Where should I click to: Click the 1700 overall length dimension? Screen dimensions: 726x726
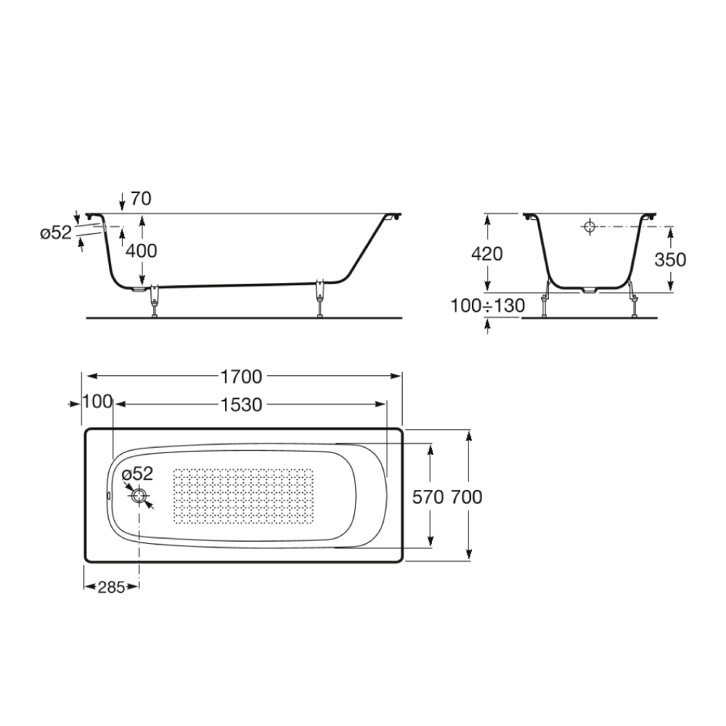coord(241,376)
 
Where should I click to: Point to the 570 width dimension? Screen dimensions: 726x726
coord(428,497)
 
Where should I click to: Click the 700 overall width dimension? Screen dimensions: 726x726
coord(467,497)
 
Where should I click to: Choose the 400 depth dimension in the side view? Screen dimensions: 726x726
coord(141,250)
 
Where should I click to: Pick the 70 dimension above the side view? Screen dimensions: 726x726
coord(141,199)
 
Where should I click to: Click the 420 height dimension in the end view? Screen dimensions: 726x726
coord(487,254)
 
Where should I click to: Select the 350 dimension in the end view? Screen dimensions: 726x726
coord(670,260)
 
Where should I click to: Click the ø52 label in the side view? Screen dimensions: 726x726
coord(55,232)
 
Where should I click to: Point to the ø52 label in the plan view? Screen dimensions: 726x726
coord(138,474)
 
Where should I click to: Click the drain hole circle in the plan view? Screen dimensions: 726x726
coord(139,497)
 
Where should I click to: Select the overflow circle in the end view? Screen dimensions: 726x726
coord(589,227)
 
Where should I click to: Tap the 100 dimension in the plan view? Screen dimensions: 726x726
coord(97,401)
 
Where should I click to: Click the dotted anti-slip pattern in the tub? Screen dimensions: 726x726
coord(243,497)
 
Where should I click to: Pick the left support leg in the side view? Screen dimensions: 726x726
coord(155,301)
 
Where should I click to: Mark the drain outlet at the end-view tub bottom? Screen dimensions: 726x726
coord(590,291)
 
